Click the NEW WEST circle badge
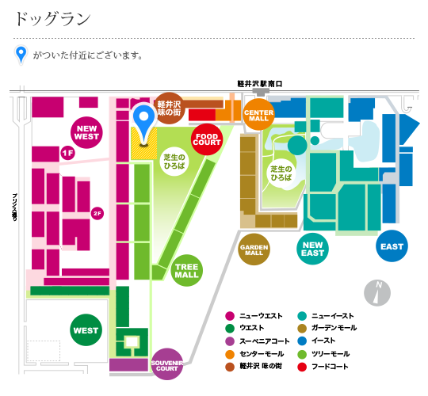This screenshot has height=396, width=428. point(86,132)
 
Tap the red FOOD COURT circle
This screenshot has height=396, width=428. point(207,139)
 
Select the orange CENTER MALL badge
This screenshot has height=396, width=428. point(258,115)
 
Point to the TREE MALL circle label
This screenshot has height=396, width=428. point(187,271)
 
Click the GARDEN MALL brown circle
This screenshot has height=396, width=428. point(254,249)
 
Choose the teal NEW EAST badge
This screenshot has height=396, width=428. point(312,249)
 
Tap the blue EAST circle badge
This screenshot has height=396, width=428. point(392,246)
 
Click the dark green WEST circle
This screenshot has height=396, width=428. point(86,330)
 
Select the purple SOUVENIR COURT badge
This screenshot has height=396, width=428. point(167,364)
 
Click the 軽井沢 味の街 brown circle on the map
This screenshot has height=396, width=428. point(170,109)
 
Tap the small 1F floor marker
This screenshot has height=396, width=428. point(67,153)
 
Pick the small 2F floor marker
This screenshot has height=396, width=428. point(97,213)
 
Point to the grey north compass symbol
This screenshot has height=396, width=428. point(377,293)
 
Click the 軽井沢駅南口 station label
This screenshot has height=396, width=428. point(260,84)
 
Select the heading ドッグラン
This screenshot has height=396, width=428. point(52,19)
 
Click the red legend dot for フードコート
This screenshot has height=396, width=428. point(302,367)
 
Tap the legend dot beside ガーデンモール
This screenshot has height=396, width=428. point(302,328)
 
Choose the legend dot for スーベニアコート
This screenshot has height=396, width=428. point(230,341)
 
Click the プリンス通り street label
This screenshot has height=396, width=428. point(14,208)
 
